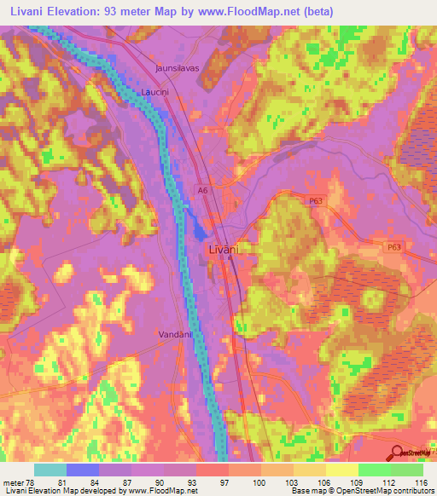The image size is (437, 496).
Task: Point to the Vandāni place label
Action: click(x=176, y=335)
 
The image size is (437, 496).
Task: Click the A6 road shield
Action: click(x=201, y=191)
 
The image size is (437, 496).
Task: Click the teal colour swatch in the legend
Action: click(x=50, y=470)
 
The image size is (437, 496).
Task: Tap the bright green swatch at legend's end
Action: click(x=406, y=470)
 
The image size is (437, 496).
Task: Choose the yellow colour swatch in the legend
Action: click(x=341, y=470)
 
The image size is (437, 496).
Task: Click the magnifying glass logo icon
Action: click(x=396, y=453)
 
